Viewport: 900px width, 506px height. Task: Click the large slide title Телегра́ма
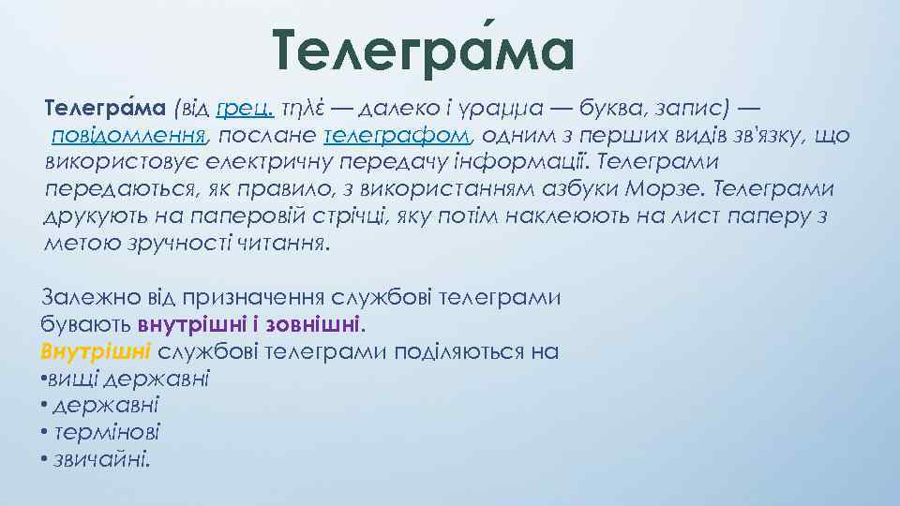[423, 52]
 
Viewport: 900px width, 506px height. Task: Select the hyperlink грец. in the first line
[240, 109]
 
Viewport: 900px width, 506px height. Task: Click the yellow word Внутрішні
[97, 352]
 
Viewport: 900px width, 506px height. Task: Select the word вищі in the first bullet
[76, 379]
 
